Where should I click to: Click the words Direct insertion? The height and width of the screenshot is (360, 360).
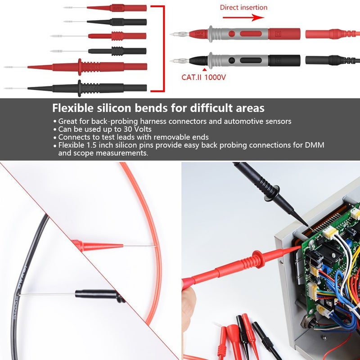243,7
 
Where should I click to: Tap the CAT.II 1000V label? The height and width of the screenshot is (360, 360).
203,77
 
